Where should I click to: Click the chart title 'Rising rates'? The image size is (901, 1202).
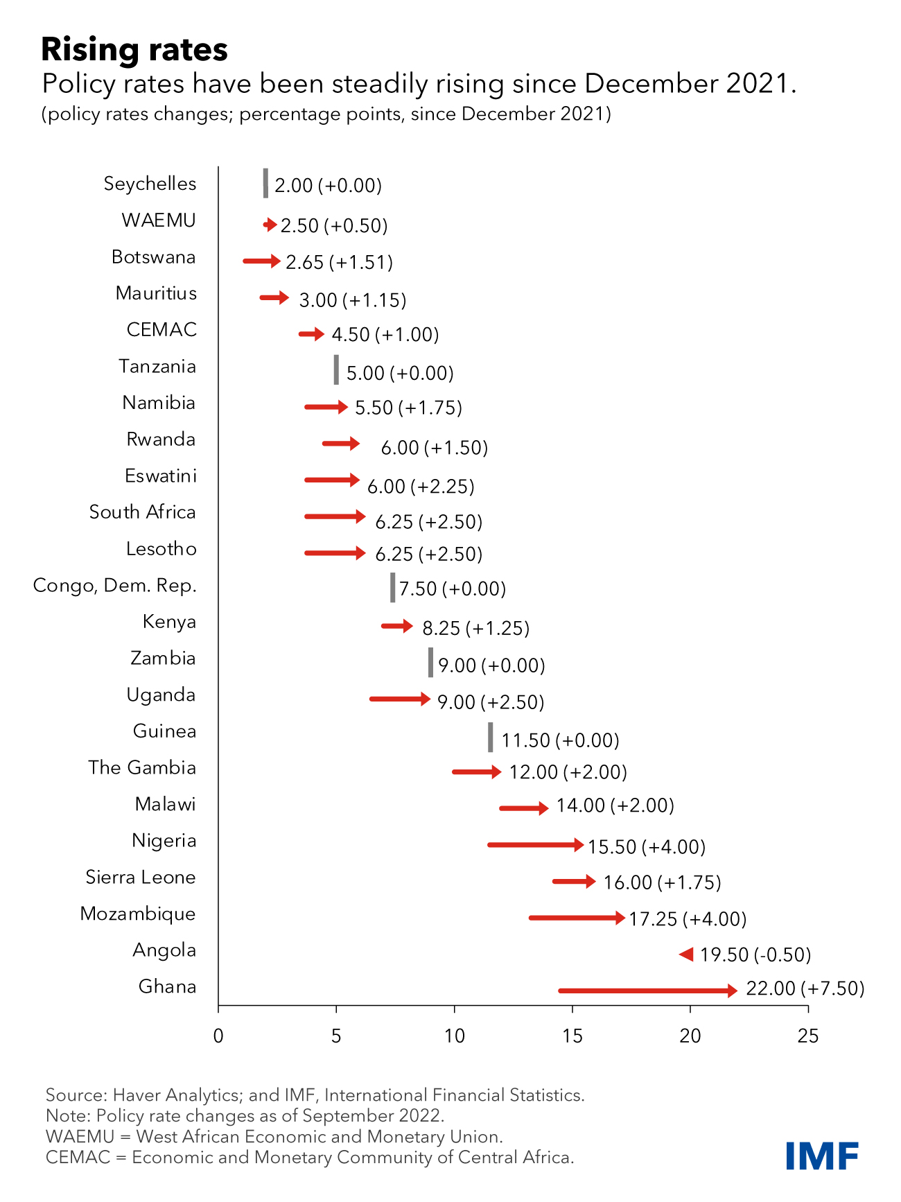134,50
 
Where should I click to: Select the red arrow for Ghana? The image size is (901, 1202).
647,991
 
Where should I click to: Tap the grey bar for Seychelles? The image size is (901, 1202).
265,183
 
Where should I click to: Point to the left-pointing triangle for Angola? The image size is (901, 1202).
686,955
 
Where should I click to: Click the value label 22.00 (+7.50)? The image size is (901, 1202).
805,988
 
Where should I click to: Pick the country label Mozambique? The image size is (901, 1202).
138,914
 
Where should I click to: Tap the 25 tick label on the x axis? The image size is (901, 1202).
808,1036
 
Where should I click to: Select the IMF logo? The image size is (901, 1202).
822,1156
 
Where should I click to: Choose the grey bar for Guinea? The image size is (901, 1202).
491,737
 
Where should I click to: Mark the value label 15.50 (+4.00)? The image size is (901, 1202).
647,846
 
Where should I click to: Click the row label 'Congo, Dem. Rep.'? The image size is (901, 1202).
115,586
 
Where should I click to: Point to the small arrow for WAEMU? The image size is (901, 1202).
270,225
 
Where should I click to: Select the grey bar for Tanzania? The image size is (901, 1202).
336,369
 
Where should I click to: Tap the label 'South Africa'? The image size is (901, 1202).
143,512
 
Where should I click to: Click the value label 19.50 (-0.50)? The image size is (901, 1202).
755,955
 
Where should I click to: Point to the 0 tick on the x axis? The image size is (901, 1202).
218,1036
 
